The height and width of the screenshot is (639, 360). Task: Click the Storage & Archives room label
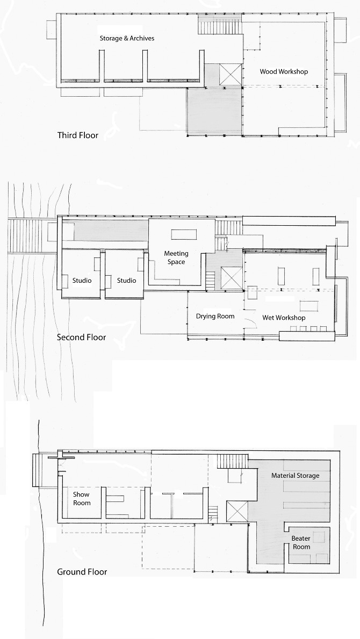pos(127,39)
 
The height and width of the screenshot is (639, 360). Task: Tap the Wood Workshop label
pos(284,71)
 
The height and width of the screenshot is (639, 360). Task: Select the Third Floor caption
pos(78,135)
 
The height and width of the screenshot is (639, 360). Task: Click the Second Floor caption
pos(82,338)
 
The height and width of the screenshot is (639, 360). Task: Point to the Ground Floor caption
pos(82,572)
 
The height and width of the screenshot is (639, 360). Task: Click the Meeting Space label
pos(175,258)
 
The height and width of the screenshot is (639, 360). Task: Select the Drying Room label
pos(215,317)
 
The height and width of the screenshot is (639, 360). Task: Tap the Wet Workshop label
pos(284,318)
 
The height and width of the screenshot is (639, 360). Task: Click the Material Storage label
pos(295,476)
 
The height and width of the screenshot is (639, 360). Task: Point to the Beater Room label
pos(301,543)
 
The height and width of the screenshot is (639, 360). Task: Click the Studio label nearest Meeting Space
pos(127,281)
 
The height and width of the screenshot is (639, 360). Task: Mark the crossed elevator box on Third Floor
pos(231,73)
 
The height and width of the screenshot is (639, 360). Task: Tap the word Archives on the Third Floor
pos(141,39)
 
